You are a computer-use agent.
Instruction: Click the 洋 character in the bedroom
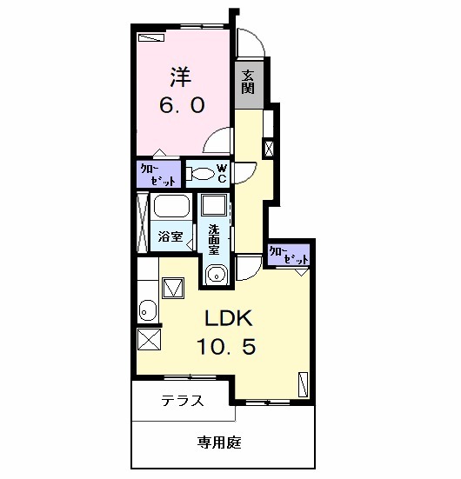pyautogui.click(x=181, y=77)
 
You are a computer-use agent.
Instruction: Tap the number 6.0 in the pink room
pyautogui.click(x=181, y=106)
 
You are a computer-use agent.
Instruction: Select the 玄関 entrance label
pyautogui.click(x=248, y=80)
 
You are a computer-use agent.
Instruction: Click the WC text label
pyautogui.click(x=222, y=172)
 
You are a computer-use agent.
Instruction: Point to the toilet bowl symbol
pyautogui.click(x=201, y=174)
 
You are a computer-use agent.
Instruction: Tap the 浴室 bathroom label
pyautogui.click(x=170, y=236)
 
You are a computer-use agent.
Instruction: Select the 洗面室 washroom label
pyautogui.click(x=213, y=239)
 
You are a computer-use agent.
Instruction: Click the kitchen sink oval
pyautogui.click(x=147, y=310)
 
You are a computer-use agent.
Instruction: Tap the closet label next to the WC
pyautogui.click(x=158, y=175)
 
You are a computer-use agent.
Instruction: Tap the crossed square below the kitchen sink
pyautogui.click(x=149, y=340)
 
